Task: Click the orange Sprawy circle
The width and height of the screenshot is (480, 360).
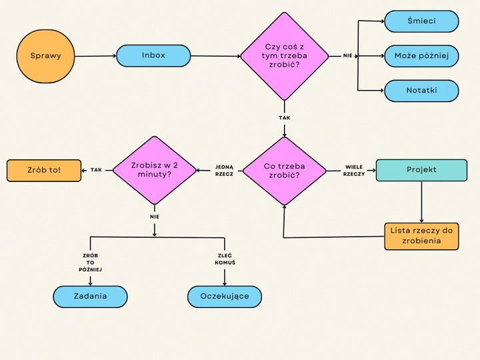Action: point(45,56)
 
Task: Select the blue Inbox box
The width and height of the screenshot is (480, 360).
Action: point(153,56)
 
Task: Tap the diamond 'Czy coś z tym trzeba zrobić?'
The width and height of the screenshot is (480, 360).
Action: point(285,56)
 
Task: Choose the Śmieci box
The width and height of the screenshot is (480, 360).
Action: point(421,21)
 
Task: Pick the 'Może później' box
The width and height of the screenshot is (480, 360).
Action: point(421,56)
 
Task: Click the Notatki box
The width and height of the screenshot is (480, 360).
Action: point(421,91)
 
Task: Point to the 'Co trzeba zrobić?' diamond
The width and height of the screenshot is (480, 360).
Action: point(285,171)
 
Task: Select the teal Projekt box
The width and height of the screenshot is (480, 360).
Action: point(421,170)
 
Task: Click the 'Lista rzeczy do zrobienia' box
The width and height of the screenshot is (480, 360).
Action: point(421,236)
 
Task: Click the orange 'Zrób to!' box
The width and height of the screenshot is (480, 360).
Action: point(43,170)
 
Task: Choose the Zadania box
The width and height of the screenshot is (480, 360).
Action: point(90,297)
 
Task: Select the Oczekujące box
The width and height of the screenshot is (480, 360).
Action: point(224,297)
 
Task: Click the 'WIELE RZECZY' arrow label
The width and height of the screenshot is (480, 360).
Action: point(354,170)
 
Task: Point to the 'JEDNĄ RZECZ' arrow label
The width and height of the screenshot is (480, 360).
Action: point(224,170)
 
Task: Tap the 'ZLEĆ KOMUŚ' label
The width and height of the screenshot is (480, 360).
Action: point(225,259)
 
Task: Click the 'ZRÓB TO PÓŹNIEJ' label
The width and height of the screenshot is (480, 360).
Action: point(90,263)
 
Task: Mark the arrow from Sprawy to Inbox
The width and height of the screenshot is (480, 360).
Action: point(95,57)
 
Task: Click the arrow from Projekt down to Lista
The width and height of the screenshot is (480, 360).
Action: point(421,201)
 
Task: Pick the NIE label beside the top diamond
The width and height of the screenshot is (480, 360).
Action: point(347,56)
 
